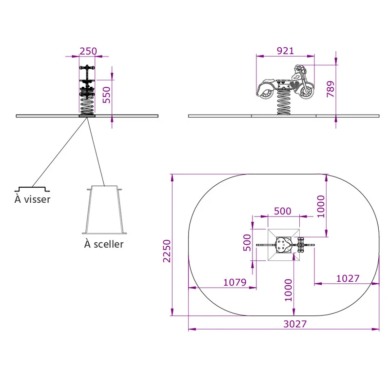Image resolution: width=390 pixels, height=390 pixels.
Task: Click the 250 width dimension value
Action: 88,51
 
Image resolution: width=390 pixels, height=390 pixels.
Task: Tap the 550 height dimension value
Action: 106,95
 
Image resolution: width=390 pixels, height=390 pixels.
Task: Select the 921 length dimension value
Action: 285,51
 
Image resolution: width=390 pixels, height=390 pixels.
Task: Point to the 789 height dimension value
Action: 331,89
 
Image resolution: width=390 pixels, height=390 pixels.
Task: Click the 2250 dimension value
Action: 167,251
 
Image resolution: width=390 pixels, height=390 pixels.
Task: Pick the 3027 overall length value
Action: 295,324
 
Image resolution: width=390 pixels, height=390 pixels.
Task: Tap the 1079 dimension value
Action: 235,282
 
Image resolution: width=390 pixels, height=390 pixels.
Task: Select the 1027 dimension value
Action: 348,278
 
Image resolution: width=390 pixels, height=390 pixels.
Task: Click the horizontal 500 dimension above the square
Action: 283,211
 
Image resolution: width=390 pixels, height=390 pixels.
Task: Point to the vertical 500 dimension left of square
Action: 247,242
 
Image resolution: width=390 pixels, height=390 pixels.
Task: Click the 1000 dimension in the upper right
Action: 321,206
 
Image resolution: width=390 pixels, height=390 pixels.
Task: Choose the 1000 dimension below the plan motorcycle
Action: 288,290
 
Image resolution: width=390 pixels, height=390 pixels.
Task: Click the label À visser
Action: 32,199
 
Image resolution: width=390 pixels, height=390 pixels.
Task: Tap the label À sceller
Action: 104,244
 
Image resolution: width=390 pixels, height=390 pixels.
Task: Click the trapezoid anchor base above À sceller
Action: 104,210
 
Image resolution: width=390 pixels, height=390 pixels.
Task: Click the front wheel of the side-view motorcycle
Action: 306,91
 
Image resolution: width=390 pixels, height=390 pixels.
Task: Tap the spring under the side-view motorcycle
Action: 284,102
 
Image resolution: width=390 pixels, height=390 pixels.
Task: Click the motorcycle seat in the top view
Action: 283,245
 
